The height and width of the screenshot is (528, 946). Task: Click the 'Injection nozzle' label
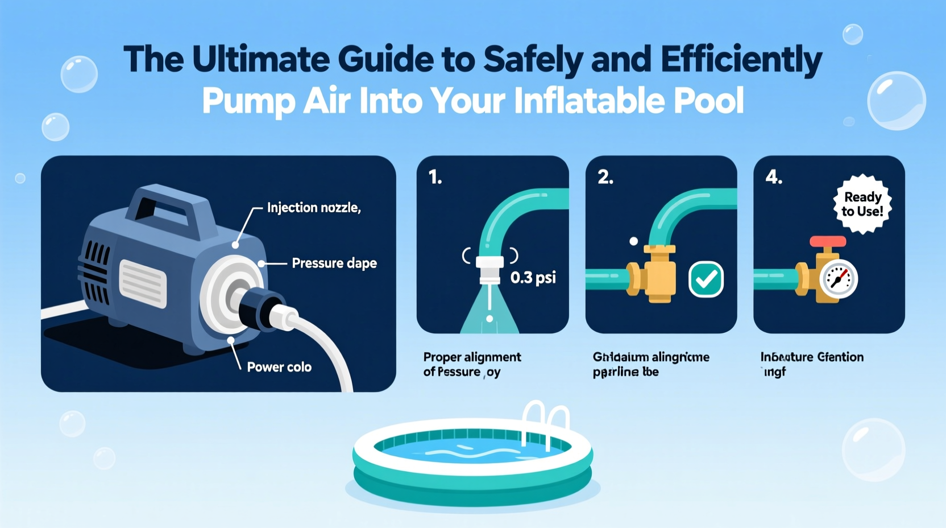(314, 208)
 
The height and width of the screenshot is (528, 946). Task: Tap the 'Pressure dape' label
(334, 263)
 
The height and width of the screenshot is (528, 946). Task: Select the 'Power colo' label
(279, 367)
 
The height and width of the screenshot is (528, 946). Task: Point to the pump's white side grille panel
(143, 283)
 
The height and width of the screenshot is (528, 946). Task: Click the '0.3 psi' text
(533, 278)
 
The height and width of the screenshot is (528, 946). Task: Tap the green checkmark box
(706, 279)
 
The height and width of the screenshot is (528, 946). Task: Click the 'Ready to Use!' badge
(862, 204)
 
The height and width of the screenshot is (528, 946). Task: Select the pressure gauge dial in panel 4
(839, 279)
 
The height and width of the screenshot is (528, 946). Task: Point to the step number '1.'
(435, 178)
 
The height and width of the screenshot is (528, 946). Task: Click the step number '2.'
(605, 178)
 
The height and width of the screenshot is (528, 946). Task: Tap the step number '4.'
(774, 178)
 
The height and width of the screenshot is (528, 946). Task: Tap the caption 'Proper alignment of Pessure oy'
(471, 364)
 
